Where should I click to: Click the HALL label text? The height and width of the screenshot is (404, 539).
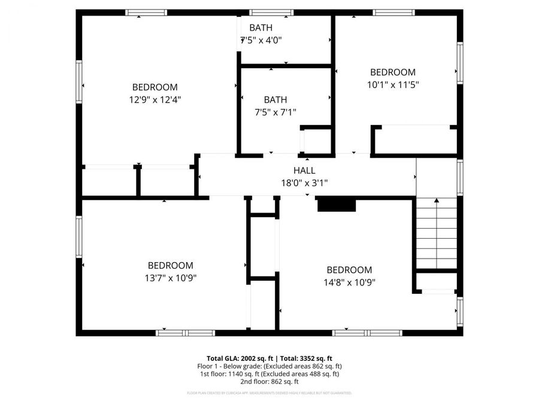[304, 171]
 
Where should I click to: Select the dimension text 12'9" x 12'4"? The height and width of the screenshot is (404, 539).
[155, 99]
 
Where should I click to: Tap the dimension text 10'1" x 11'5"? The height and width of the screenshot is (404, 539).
[392, 84]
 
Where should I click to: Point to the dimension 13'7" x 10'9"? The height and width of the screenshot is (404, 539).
[171, 278]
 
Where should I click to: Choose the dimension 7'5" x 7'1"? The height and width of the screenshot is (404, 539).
[275, 112]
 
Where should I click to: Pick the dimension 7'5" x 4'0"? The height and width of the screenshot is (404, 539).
[261, 40]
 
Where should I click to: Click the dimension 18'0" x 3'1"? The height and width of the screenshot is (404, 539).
[304, 183]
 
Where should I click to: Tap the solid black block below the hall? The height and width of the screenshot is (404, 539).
[336, 205]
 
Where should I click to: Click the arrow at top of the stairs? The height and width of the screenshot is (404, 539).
[436, 201]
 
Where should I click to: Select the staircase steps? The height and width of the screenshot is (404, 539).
[437, 236]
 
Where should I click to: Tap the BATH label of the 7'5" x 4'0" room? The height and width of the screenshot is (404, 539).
[261, 28]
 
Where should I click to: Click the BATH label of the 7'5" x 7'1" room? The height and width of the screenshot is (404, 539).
[275, 99]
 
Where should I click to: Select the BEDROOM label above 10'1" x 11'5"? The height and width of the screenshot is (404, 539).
[392, 72]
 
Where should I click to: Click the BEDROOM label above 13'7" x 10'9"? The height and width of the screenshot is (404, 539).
[171, 265]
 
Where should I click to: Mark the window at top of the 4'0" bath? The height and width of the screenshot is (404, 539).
[267, 12]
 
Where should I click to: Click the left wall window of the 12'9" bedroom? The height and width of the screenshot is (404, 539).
[78, 82]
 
